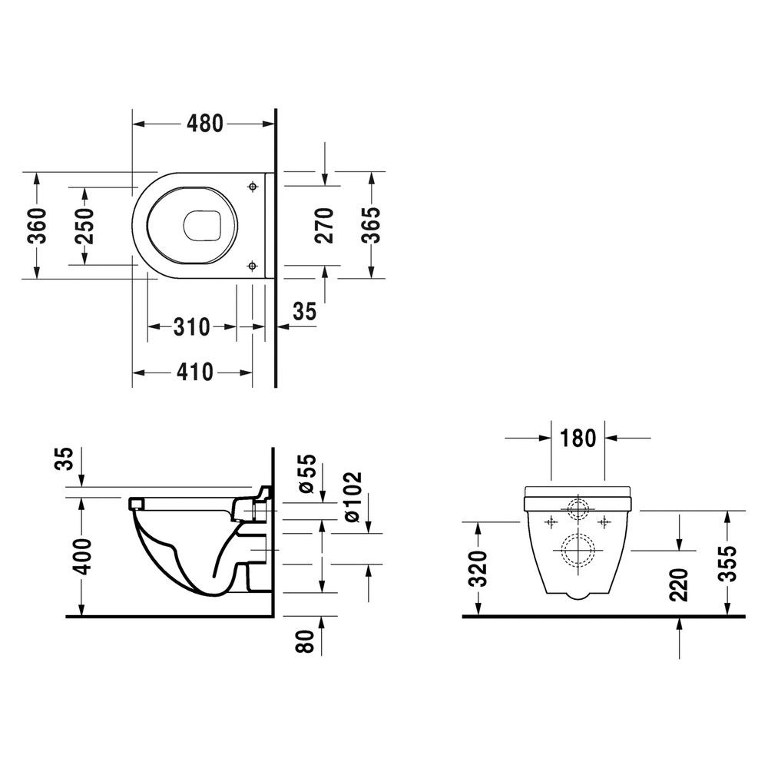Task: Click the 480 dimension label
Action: [x=205, y=124]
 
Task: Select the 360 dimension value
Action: [x=37, y=226]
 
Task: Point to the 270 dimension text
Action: [x=324, y=225]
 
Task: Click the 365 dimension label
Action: [x=371, y=225]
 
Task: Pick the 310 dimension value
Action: [x=191, y=326]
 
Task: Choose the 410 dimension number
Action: [x=195, y=372]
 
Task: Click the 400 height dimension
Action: [x=81, y=556]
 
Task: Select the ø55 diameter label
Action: [x=307, y=474]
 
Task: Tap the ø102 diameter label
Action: [x=353, y=497]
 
